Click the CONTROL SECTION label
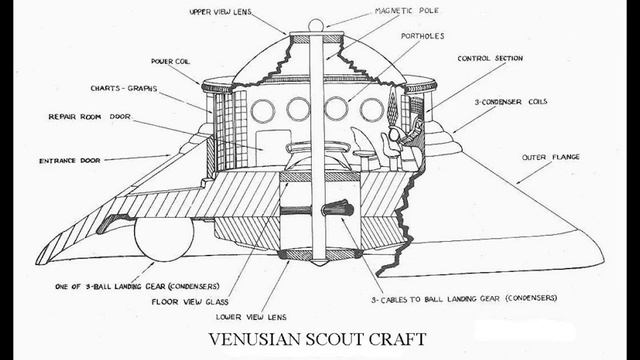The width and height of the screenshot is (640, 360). click(492, 58)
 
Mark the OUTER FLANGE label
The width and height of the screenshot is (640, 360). click(550, 157)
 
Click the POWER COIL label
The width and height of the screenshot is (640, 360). click(171, 60)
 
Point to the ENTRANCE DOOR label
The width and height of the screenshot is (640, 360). click(77, 159)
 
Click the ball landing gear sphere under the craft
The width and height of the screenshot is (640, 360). click(163, 240)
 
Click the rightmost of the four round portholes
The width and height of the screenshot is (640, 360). click(371, 110)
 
